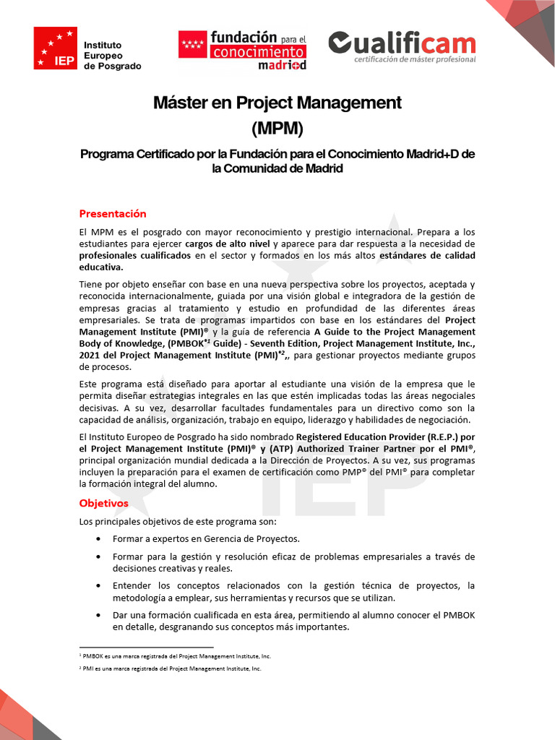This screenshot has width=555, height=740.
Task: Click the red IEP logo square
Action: coord(55,48)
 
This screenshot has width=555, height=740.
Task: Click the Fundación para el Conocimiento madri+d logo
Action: coord(243,49)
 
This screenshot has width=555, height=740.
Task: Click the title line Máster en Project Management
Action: coord(277,103)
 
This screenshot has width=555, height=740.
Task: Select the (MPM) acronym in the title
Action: coord(277,129)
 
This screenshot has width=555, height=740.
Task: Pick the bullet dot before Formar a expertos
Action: coord(98,539)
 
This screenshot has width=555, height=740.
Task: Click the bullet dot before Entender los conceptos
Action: coord(98,585)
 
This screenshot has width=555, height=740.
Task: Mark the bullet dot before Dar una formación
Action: coord(98,615)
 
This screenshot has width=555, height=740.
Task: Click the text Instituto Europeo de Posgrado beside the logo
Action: coord(113,56)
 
